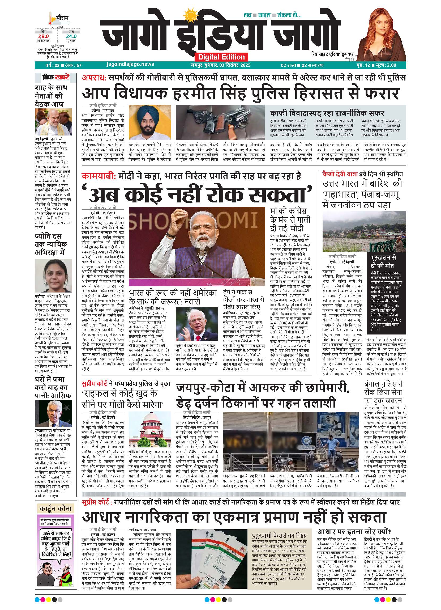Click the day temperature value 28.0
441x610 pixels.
(x=43, y=36)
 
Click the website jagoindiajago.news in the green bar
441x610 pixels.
(x=130, y=64)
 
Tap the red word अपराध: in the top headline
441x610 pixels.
(x=94, y=78)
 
